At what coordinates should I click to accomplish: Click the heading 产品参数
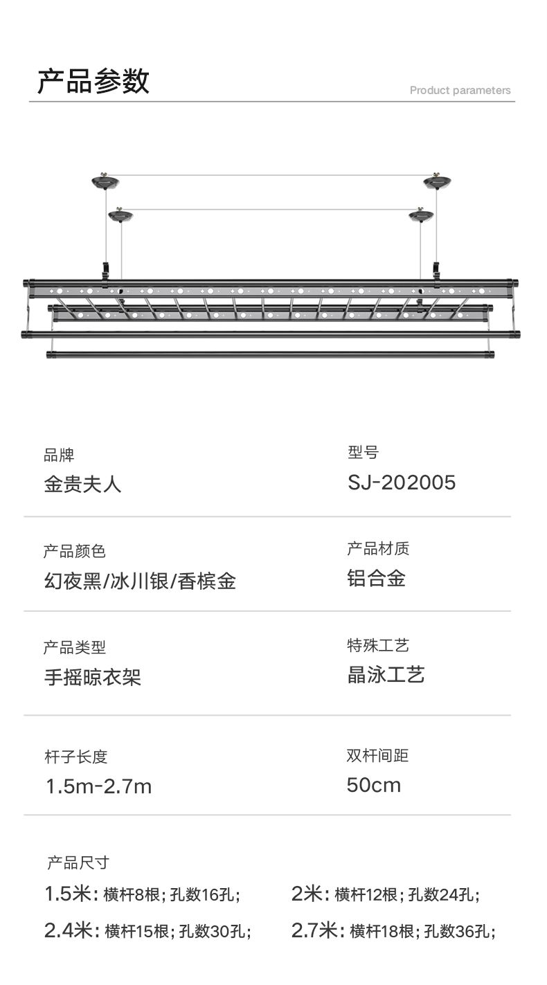point(93,82)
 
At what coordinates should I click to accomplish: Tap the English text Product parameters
point(460,91)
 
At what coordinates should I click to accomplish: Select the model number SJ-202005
point(402,482)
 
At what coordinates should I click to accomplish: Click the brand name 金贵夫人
point(82,484)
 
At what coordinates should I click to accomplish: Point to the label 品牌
point(59,455)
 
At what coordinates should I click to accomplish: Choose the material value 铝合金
point(376,579)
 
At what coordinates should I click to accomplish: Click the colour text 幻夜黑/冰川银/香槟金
point(139,581)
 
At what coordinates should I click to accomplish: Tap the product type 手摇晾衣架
point(92,676)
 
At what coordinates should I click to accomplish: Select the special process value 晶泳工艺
point(386,675)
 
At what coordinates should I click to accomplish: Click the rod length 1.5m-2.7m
point(98,786)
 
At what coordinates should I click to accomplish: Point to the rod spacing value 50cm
point(374,785)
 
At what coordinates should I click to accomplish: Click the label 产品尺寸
point(78,862)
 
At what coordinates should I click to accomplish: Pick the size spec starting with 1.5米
point(143,894)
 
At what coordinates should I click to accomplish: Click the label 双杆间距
point(377,755)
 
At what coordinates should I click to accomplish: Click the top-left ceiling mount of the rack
point(105,182)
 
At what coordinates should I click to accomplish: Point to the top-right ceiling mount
point(437,181)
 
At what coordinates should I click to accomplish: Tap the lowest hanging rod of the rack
point(270,354)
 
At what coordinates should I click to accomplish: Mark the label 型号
point(363,453)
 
